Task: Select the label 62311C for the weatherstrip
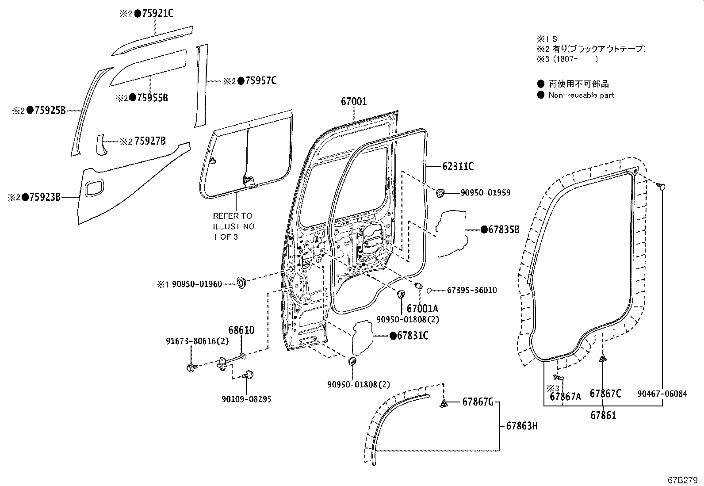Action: pos(458,167)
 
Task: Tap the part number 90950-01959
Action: pos(485,193)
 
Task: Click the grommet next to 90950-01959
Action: pos(441,193)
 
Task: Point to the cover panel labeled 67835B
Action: pos(451,233)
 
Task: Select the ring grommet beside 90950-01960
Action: pos(241,282)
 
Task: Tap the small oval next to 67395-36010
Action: pos(429,291)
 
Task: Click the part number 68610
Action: pos(241,330)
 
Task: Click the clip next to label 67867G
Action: pos(444,403)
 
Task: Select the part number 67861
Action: pos(603,416)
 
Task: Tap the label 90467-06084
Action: pos(662,394)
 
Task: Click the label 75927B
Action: pos(150,141)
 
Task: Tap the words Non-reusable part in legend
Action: pos(581,95)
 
